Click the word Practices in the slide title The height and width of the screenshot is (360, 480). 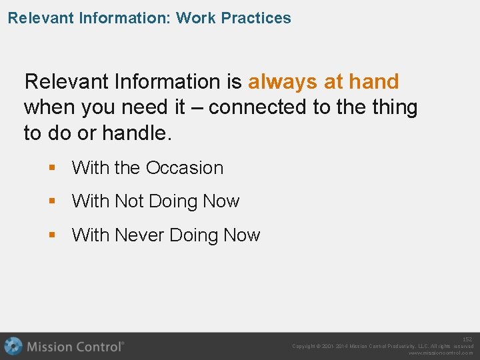point(256,18)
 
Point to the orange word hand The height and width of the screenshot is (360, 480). point(373,82)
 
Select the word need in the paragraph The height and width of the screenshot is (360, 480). point(154,107)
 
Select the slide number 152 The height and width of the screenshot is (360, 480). point(467,339)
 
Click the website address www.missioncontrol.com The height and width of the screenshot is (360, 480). point(441,353)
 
